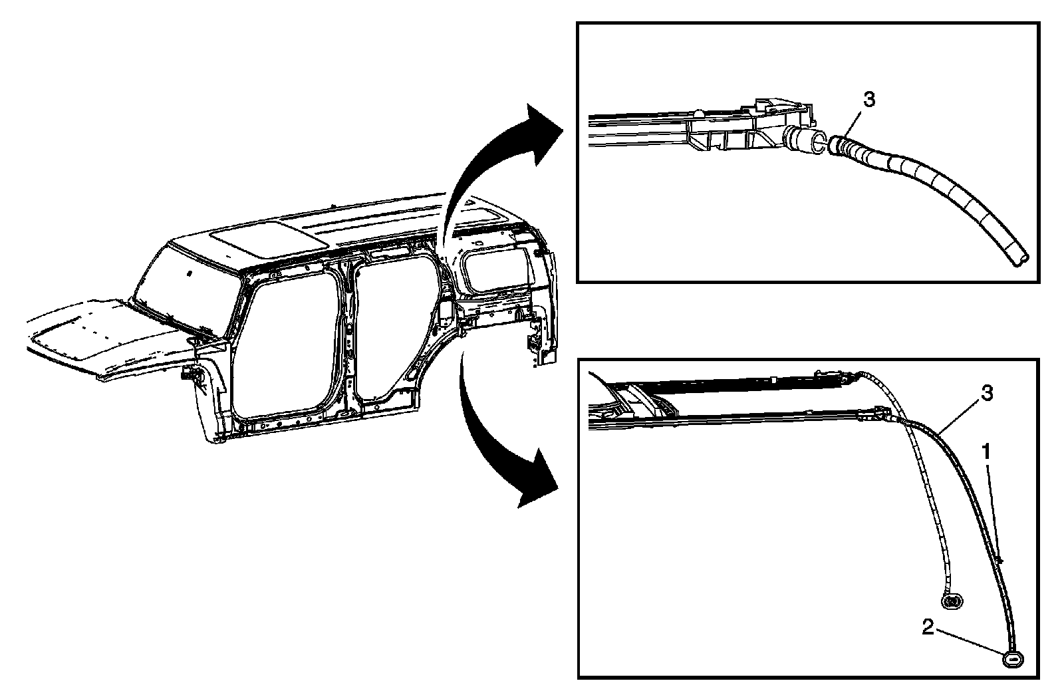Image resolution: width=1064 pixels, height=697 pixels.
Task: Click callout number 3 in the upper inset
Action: click(868, 100)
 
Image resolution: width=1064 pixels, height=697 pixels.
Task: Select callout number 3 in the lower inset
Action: click(988, 394)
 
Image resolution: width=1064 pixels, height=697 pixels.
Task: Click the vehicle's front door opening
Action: click(286, 346)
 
